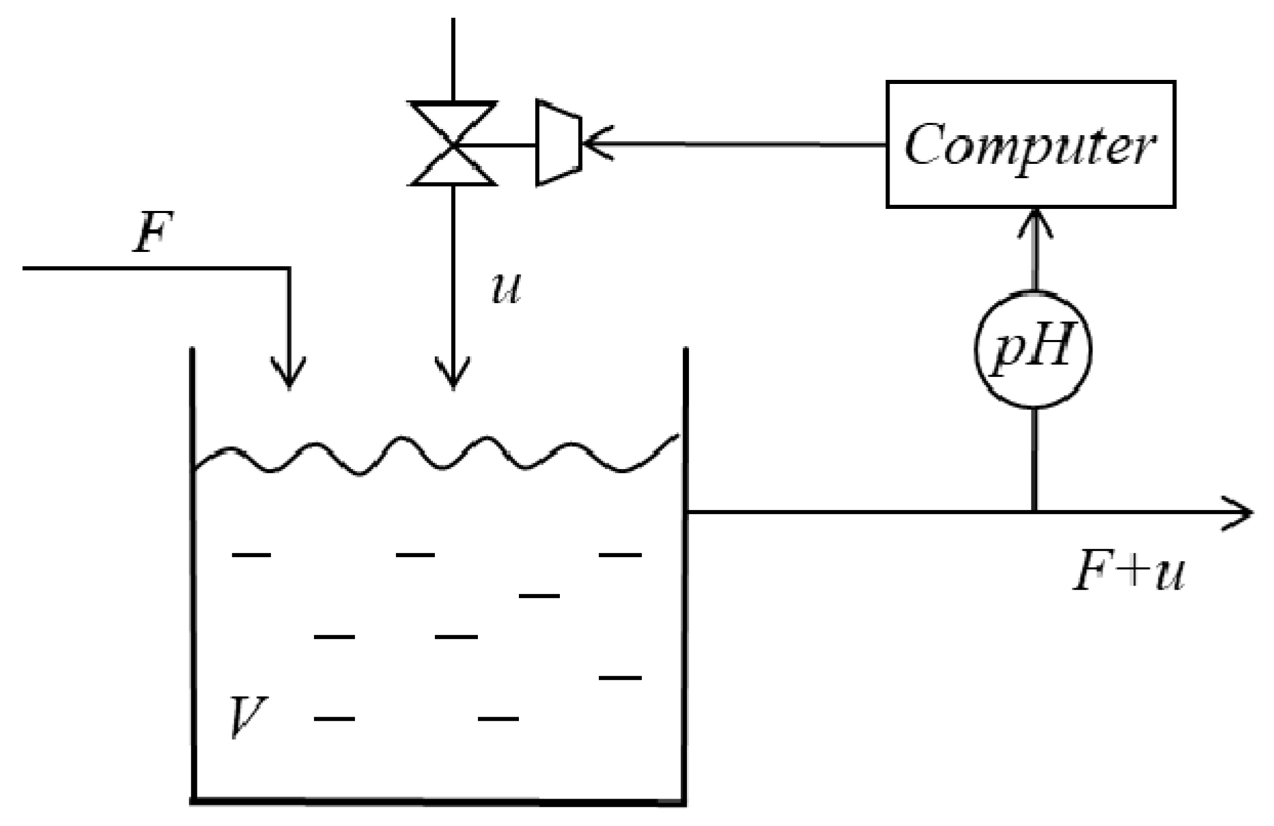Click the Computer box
click(1030, 144)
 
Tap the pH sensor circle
click(1032, 350)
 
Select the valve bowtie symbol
click(453, 144)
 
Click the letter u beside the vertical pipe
click(506, 289)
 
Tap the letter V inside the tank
click(247, 717)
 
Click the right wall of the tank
click(685, 614)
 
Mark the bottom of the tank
click(437, 799)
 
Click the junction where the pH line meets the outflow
click(1034, 511)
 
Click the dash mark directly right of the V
click(334, 718)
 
